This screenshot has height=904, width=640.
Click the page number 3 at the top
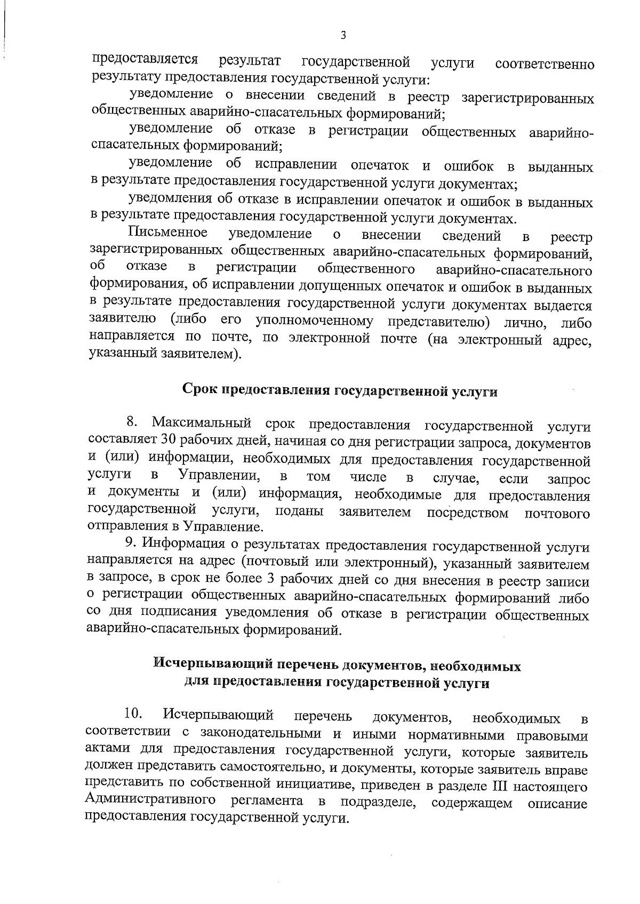point(343,36)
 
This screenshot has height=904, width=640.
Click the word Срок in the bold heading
point(200,390)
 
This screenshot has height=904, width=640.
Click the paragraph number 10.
point(133,714)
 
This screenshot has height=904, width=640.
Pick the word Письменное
point(168,234)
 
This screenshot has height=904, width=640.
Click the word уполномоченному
point(314,322)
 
